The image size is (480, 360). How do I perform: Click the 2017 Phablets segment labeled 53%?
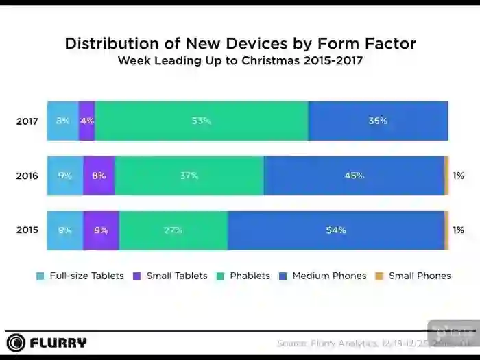pyautogui.click(x=202, y=121)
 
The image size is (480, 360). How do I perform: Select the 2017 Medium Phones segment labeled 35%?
pyautogui.click(x=378, y=121)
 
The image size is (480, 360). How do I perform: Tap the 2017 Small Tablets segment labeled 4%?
pyautogui.click(x=87, y=121)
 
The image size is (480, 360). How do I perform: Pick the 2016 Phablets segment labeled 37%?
pyautogui.click(x=189, y=176)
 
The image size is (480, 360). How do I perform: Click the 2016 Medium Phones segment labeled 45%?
pyautogui.click(x=354, y=176)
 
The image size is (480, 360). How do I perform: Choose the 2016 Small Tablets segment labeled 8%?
pyautogui.click(x=99, y=176)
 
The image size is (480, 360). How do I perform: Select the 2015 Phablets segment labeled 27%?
pyautogui.click(x=173, y=230)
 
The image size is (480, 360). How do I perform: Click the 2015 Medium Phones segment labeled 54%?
pyautogui.click(x=336, y=230)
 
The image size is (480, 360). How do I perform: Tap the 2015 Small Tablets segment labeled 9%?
pyautogui.click(x=101, y=230)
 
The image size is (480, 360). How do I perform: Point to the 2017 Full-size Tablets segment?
pyautogui.click(x=62, y=121)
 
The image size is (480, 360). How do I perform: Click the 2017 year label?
pyautogui.click(x=27, y=121)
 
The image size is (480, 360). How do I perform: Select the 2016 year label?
pyautogui.click(x=27, y=176)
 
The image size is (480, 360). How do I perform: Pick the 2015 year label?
pyautogui.click(x=27, y=230)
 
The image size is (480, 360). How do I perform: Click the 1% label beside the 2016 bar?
pyautogui.click(x=458, y=176)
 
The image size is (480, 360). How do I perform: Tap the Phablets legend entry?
pyautogui.click(x=243, y=276)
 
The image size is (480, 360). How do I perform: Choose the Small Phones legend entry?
pyautogui.click(x=413, y=276)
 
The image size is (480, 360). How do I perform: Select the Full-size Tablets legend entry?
pyautogui.click(x=80, y=276)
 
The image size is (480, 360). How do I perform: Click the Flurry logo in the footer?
pyautogui.click(x=47, y=342)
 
